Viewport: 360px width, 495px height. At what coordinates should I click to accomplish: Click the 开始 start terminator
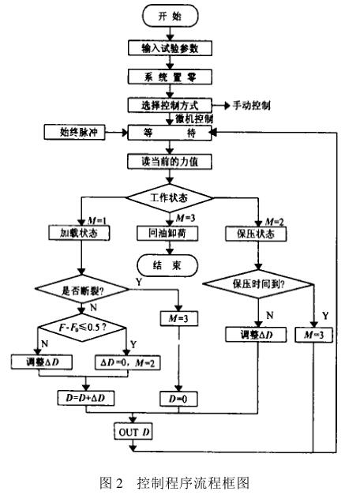pos(171,17)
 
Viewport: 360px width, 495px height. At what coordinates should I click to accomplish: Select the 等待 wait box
pos(171,133)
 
